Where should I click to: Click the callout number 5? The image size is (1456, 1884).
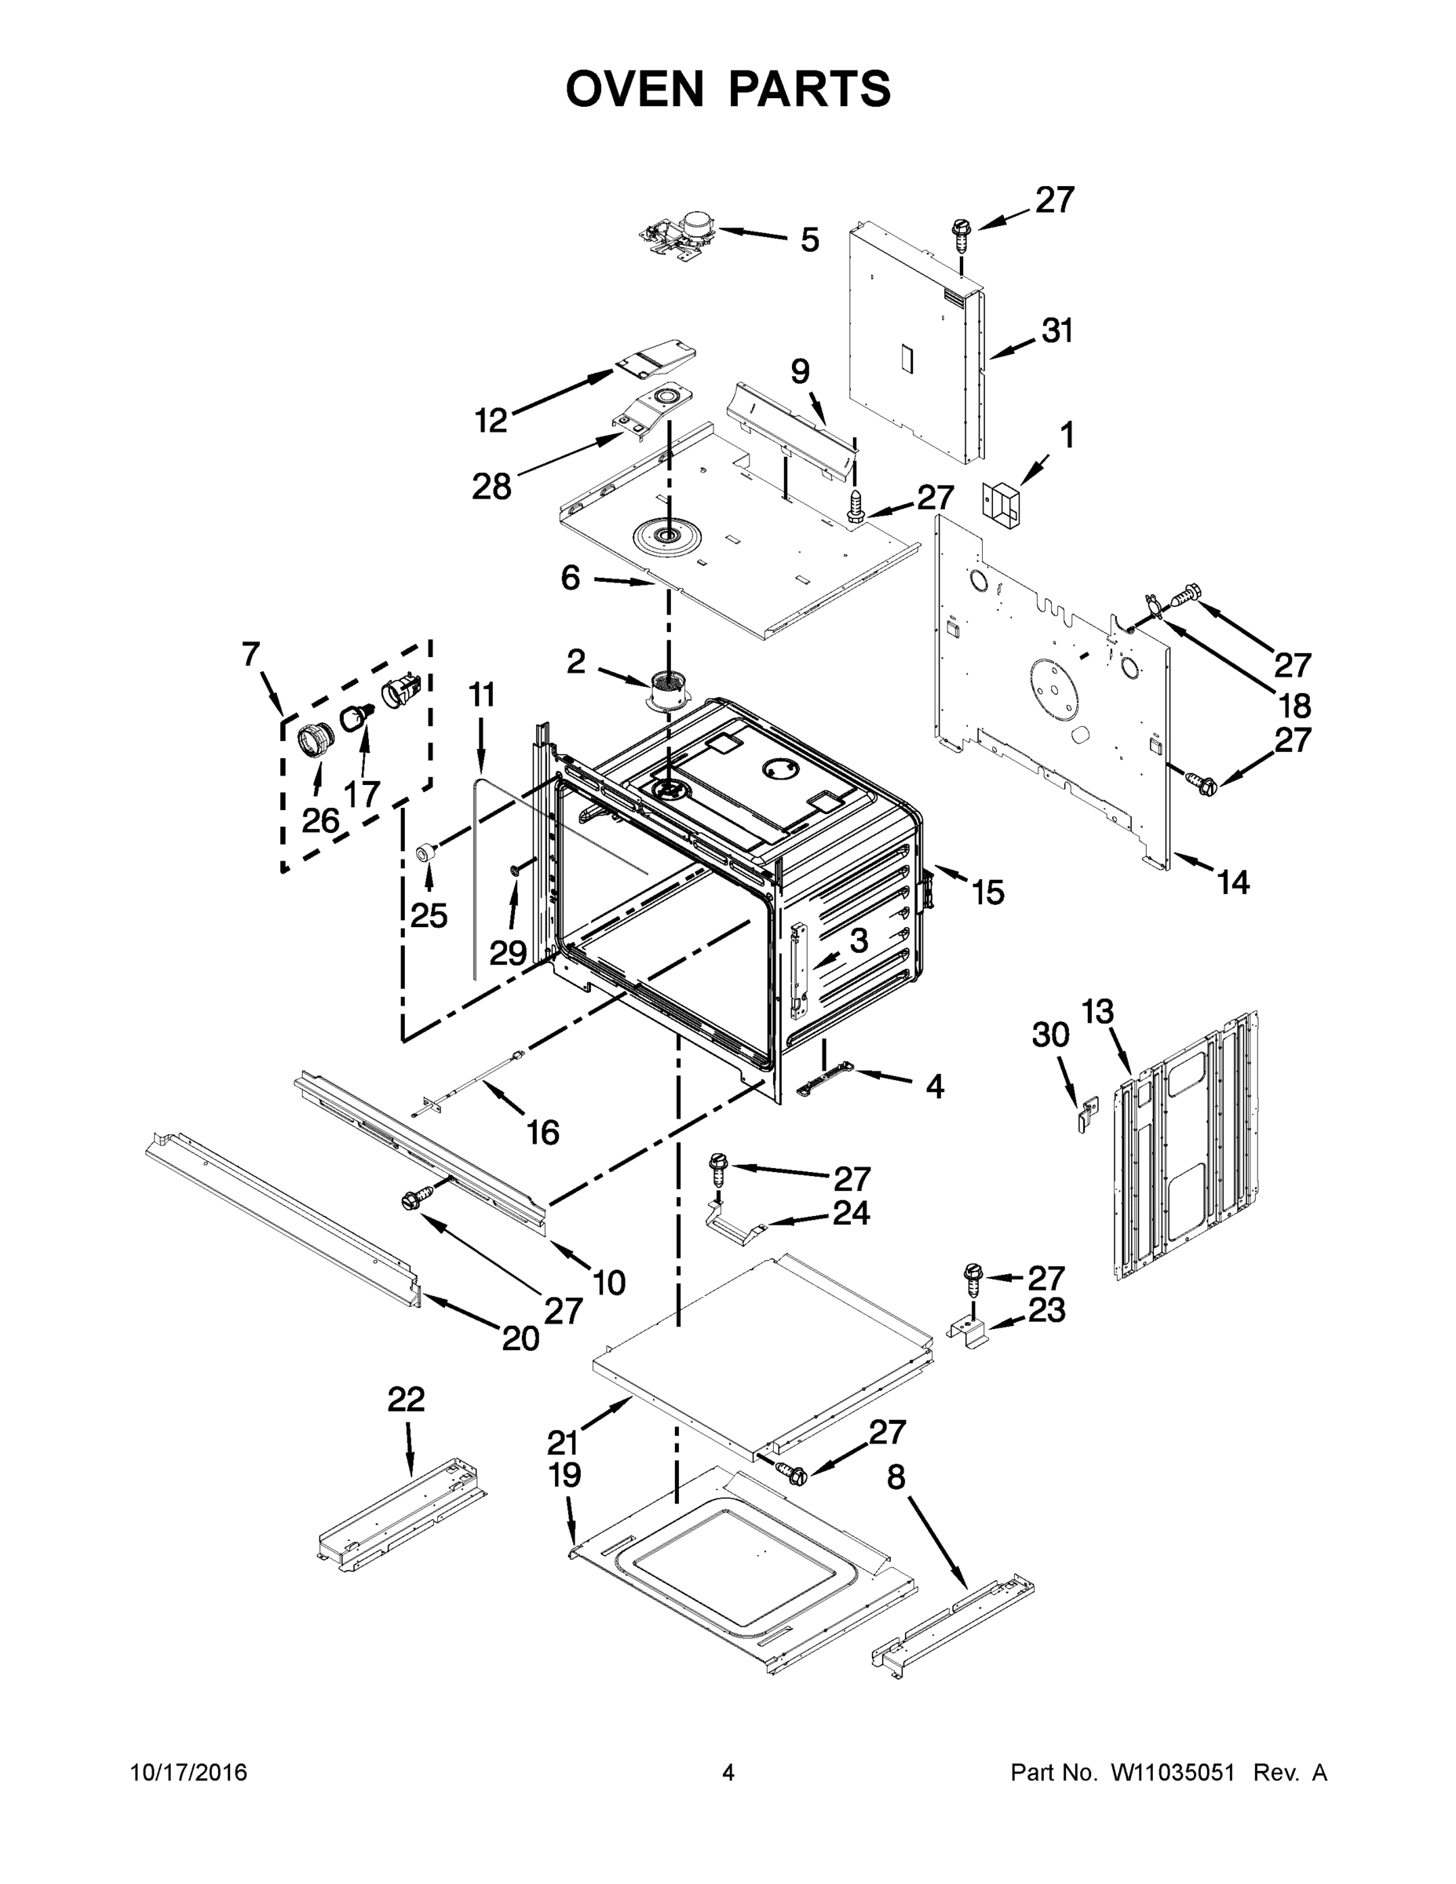[x=809, y=239]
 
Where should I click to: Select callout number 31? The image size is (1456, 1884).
[x=1056, y=330]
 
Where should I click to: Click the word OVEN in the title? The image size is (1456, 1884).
[x=635, y=89]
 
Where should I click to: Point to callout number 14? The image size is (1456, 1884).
[x=1233, y=882]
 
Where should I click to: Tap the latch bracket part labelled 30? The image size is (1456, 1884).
[x=1089, y=1114]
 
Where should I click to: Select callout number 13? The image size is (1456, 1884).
[x=1098, y=1011]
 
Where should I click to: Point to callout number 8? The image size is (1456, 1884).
[x=896, y=1477]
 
